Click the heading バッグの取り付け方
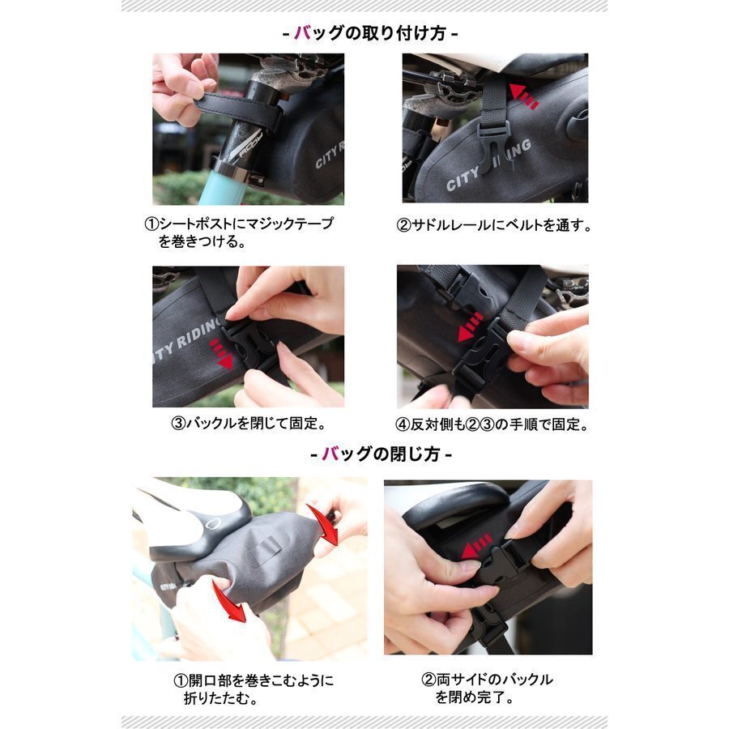pos(370,33)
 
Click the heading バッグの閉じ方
pos(381,454)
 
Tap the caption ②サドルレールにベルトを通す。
pos(494,225)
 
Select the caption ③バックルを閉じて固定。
pos(249,423)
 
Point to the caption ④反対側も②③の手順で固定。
pos(492,424)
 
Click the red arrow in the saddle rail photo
pos(523,96)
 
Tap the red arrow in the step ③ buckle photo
pos(222,354)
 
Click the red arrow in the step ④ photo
pos(470,327)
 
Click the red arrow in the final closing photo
pos(476,548)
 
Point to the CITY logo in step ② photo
pos(463,181)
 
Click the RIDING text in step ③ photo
pos(198,335)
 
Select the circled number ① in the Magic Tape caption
pos(151,224)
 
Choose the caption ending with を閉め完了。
pos(487,688)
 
